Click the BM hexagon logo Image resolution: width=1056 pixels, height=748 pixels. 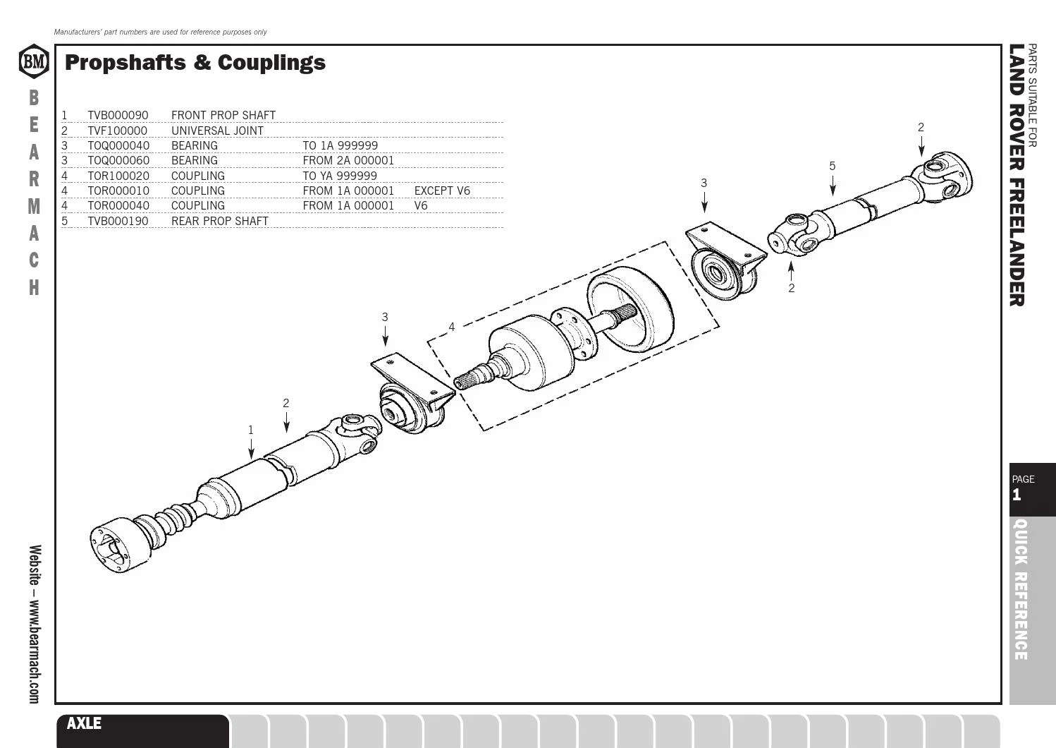[34, 61]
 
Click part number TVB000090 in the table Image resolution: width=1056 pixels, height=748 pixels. [118, 115]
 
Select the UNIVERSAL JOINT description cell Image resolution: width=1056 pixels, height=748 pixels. [217, 131]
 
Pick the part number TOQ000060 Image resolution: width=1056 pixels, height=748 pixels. [118, 160]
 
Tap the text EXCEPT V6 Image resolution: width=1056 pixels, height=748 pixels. [442, 191]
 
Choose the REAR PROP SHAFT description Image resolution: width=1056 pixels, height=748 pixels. [220, 221]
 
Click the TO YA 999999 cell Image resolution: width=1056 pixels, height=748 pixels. [340, 176]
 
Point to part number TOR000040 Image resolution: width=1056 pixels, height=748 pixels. [118, 206]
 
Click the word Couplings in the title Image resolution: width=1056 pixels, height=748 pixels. [271, 64]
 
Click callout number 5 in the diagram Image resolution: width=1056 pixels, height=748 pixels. [832, 166]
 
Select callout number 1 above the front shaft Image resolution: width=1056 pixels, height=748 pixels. [251, 430]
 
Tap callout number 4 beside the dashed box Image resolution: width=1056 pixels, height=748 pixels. [452, 327]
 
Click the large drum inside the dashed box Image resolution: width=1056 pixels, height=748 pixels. [631, 309]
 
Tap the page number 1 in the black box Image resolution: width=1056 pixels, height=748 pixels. [1017, 495]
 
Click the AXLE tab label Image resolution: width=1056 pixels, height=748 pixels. [84, 723]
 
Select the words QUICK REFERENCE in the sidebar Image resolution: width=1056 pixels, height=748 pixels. [1021, 589]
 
